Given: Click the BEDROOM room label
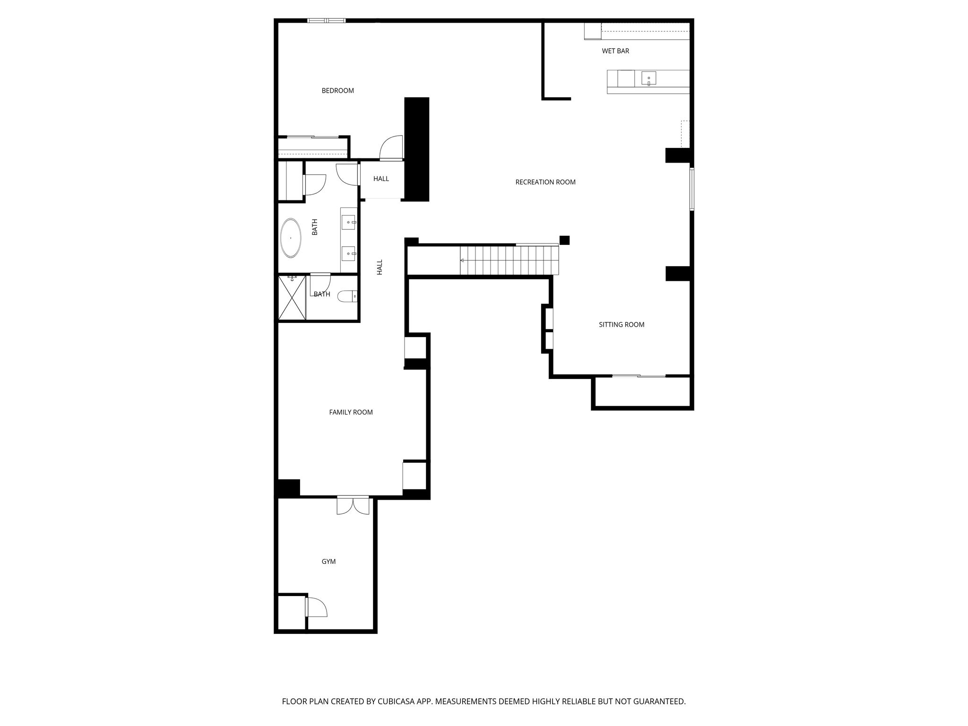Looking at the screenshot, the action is (x=337, y=91).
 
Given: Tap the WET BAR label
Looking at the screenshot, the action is (x=615, y=51).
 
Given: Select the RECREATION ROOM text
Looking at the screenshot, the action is (x=545, y=182).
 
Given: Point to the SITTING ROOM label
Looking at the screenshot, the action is (x=622, y=325).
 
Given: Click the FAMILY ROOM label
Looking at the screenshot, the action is (x=351, y=412).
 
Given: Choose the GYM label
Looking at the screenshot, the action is (x=328, y=562).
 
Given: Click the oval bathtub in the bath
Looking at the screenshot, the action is (x=291, y=238).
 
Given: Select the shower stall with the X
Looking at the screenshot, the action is (x=292, y=297).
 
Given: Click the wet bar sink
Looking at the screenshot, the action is (x=649, y=78).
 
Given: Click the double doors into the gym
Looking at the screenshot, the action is (x=353, y=505).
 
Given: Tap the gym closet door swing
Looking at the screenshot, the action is (x=316, y=607).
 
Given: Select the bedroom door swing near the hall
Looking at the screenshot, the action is (x=391, y=147).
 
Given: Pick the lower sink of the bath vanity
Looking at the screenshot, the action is (x=349, y=254).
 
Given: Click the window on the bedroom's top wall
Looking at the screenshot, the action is (x=326, y=20).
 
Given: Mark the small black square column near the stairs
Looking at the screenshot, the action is (x=564, y=240).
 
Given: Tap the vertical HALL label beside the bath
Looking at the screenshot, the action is (x=380, y=267).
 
